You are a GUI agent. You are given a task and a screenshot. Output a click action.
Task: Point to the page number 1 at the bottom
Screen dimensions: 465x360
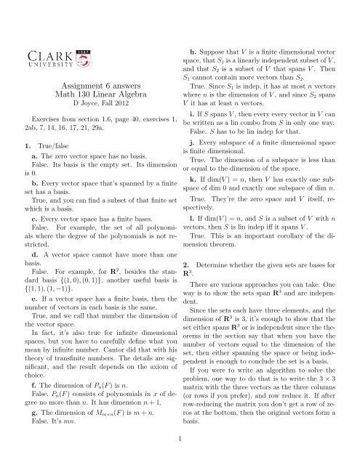click(180, 437)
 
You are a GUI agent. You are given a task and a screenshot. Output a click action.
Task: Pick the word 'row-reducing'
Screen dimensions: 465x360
click(217, 418)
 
